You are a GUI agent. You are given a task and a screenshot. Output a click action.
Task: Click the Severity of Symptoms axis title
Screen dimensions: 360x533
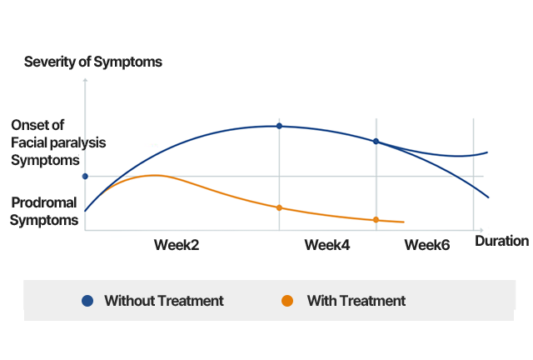(92, 62)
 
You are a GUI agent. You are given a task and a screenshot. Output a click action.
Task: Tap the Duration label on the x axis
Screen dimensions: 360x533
(501, 241)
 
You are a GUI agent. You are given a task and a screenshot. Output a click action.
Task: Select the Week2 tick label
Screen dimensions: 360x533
(177, 244)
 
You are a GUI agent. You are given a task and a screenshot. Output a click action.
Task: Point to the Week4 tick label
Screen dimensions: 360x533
(326, 244)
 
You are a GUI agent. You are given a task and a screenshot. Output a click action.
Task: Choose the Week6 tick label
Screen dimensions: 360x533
(426, 244)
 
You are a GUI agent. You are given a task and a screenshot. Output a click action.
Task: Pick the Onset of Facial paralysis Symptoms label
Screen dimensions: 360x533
(57, 142)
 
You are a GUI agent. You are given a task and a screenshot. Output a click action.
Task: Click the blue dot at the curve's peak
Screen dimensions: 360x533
(279, 126)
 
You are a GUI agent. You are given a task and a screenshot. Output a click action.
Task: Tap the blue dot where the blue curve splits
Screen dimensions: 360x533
(376, 142)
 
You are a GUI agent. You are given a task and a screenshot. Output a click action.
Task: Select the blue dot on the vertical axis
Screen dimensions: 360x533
(85, 176)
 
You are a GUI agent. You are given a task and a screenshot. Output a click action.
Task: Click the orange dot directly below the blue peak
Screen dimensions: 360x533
(279, 207)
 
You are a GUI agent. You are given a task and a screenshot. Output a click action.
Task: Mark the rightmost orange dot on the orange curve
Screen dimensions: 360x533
(376, 220)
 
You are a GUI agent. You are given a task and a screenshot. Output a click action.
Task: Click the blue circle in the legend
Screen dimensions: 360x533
(87, 301)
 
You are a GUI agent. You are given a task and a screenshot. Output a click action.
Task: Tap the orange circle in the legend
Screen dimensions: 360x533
(287, 301)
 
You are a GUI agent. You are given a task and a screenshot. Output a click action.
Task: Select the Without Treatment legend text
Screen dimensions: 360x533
(163, 301)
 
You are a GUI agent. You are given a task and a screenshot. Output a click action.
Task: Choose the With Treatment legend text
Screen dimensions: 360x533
(356, 301)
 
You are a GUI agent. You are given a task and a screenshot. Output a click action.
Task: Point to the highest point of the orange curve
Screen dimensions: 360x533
(154, 175)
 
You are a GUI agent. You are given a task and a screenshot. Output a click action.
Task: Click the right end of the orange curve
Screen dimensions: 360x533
(404, 222)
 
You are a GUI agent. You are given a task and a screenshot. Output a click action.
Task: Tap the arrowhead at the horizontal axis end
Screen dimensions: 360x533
(480, 230)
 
